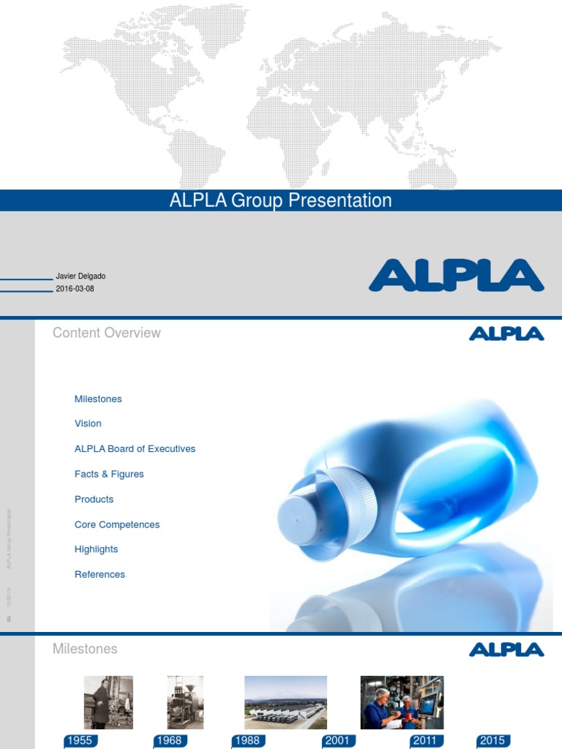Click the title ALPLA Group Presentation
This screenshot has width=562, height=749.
point(280,200)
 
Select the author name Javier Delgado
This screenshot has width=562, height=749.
point(80,276)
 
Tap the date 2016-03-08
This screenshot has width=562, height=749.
point(75,289)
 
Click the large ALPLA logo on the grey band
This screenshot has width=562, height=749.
point(456,276)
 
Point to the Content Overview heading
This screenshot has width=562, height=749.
point(106,333)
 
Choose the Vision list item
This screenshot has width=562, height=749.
point(88,424)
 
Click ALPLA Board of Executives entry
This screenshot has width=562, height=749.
point(135,448)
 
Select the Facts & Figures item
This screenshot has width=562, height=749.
point(109,474)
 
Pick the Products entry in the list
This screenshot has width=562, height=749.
point(94,499)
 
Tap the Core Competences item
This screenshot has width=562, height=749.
point(117,524)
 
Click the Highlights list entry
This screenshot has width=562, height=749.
point(96,549)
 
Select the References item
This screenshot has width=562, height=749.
point(100,574)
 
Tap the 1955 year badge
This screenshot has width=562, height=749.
point(79,741)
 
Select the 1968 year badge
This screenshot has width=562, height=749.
point(169,741)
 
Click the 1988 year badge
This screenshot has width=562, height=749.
point(247,741)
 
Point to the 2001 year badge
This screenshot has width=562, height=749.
point(337,741)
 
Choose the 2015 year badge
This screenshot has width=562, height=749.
point(492,741)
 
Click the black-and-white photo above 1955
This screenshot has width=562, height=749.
point(108,701)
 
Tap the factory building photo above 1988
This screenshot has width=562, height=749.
point(285,701)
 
